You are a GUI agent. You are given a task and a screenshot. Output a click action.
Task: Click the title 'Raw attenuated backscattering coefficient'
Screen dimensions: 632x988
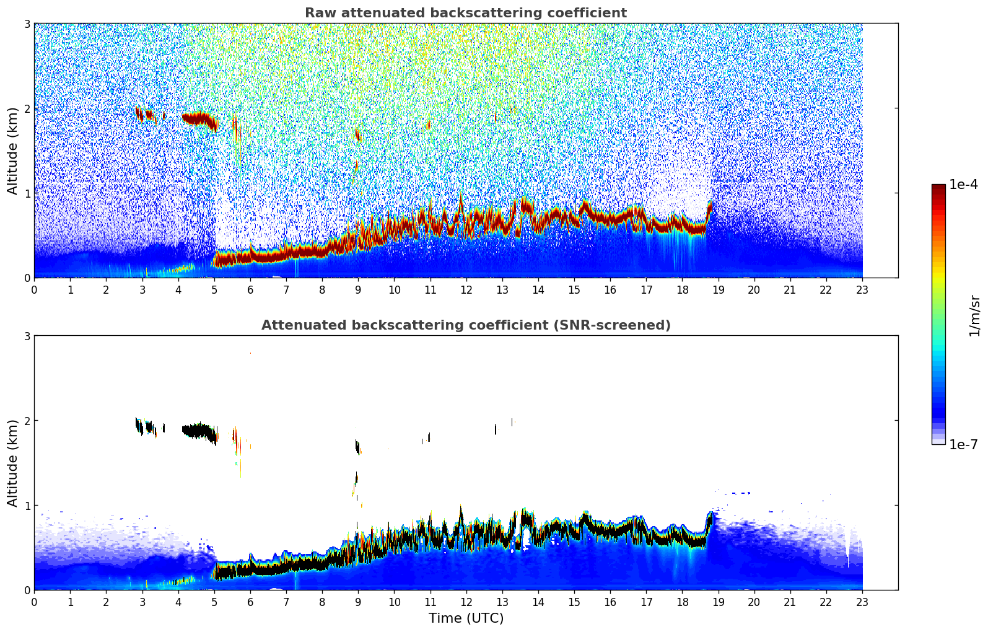pyautogui.click(x=465, y=13)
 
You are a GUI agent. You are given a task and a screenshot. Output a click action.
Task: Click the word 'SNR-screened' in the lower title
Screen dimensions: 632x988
pyautogui.click(x=624, y=325)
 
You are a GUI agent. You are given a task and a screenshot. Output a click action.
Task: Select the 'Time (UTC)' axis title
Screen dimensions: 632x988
pyautogui.click(x=466, y=618)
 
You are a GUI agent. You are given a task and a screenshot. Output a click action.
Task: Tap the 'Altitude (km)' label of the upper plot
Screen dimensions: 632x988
pyautogui.click(x=13, y=151)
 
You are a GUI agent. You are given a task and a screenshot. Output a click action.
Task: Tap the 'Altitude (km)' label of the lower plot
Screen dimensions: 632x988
pyautogui.click(x=13, y=463)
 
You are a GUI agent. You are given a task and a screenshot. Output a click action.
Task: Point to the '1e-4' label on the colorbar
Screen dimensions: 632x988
pyautogui.click(x=963, y=185)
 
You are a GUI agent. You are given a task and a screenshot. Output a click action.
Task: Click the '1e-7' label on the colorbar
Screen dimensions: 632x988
pyautogui.click(x=963, y=444)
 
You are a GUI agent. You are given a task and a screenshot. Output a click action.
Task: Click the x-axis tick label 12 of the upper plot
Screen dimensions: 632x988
pyautogui.click(x=466, y=290)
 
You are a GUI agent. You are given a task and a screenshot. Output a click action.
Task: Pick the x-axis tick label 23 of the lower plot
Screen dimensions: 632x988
pyautogui.click(x=862, y=602)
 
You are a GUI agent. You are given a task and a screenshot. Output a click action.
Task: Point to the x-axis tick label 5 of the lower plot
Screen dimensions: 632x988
pyautogui.click(x=214, y=602)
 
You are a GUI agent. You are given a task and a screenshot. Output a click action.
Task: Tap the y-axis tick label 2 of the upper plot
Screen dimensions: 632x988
pyautogui.click(x=27, y=108)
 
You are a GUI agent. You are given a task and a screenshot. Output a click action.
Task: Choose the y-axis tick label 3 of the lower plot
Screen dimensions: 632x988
pyautogui.click(x=27, y=336)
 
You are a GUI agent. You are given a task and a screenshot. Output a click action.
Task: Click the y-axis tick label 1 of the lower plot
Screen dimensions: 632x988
pyautogui.click(x=27, y=506)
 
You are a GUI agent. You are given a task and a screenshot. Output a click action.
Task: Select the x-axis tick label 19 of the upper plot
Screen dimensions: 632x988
pyautogui.click(x=718, y=290)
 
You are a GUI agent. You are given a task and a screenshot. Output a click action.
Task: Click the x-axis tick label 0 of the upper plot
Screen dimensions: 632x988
pyautogui.click(x=34, y=290)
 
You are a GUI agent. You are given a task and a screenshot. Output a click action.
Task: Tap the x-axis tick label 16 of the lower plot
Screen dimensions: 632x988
pyautogui.click(x=610, y=602)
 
